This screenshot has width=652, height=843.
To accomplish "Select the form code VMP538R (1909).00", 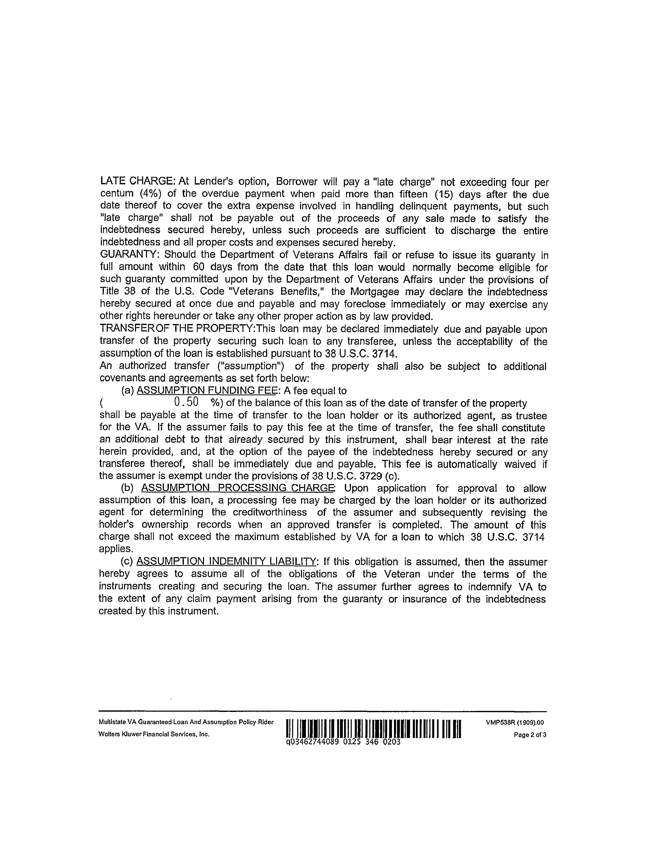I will point(515,723).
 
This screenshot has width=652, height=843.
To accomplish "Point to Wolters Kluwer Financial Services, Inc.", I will point(154,734).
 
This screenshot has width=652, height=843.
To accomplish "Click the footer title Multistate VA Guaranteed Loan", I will point(186,722).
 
